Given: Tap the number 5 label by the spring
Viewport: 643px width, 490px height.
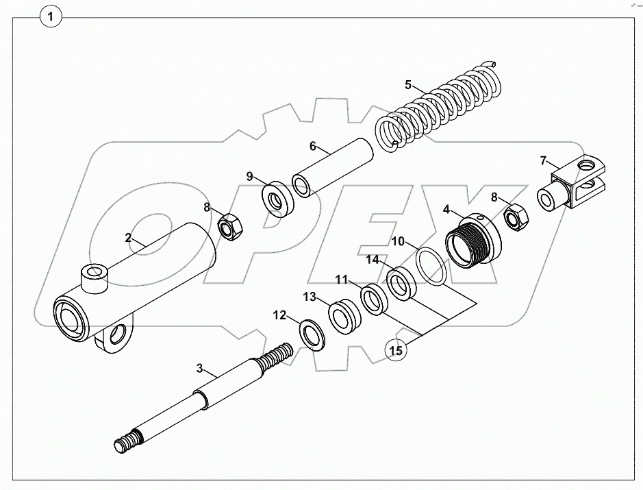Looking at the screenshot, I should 408,85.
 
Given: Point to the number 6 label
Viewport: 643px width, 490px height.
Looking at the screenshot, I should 312,146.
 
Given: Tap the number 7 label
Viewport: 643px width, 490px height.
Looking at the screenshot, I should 543,161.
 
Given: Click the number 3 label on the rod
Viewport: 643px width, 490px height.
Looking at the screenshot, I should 200,368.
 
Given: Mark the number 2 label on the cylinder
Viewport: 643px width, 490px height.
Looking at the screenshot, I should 128,238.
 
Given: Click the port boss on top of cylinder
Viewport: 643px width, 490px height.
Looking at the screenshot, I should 94,278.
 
